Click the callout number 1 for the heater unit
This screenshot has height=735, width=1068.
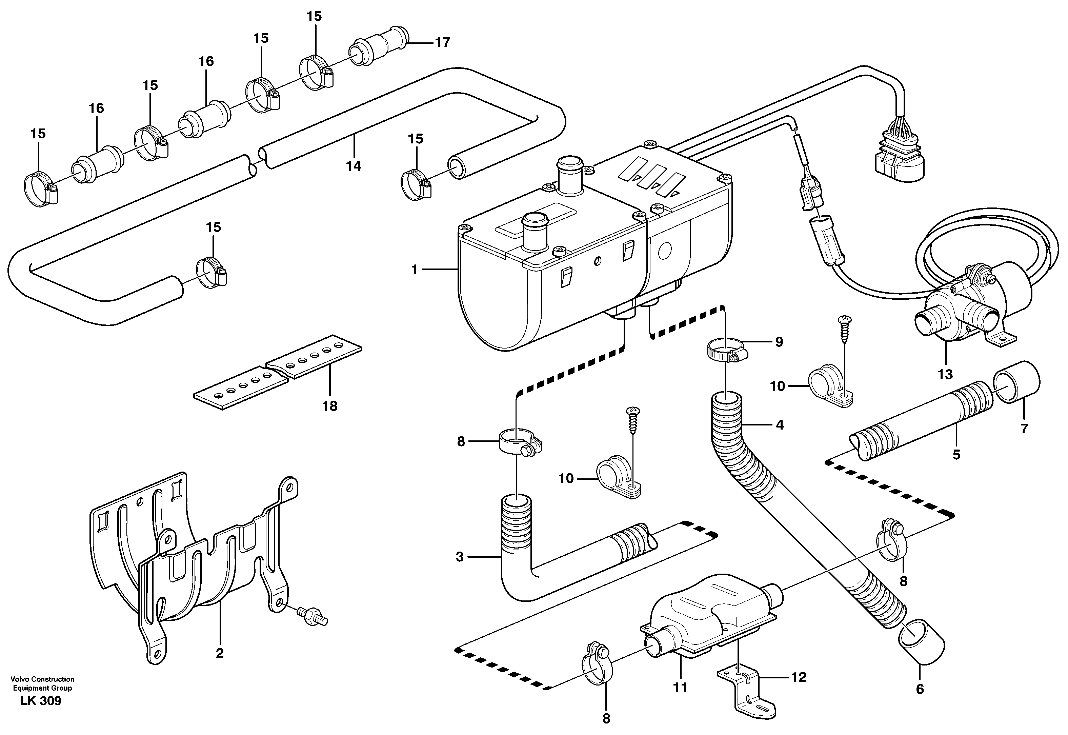tap(414, 270)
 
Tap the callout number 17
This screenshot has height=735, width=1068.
tap(442, 42)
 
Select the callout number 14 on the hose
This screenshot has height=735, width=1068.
tap(354, 166)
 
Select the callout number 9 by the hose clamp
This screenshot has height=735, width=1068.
tap(779, 342)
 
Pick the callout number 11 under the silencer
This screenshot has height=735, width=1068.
tap(680, 688)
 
